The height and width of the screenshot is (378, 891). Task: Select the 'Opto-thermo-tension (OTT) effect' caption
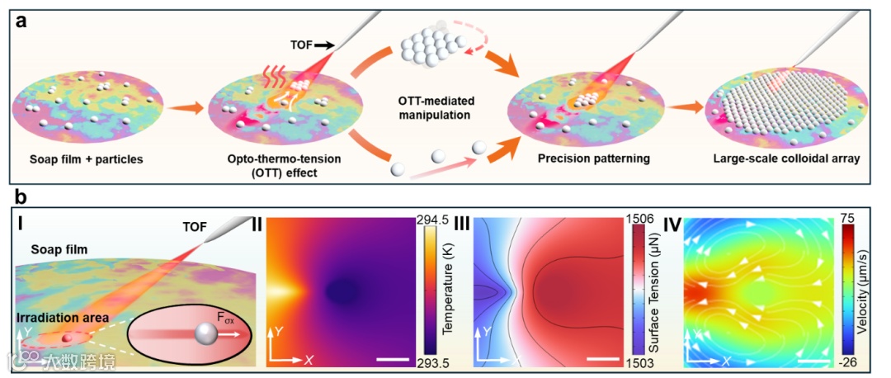[x=267, y=165]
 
